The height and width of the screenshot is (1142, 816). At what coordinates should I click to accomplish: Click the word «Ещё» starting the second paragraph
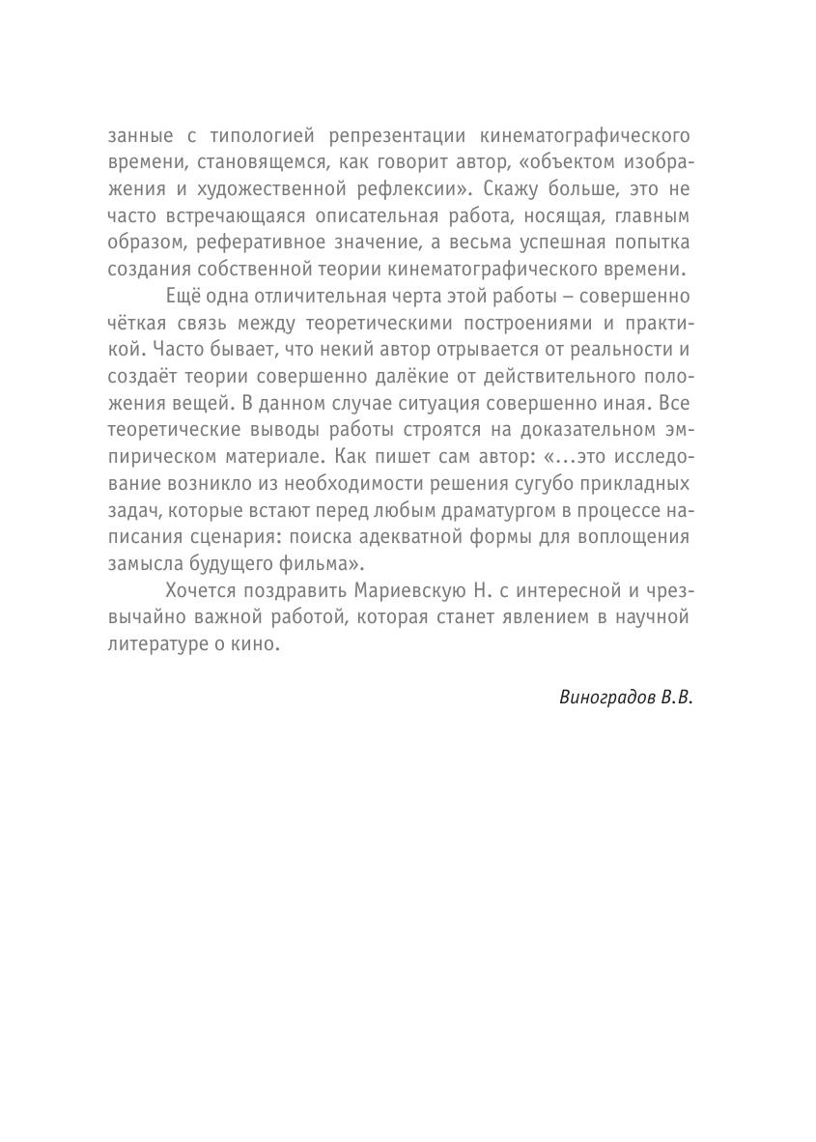(184, 295)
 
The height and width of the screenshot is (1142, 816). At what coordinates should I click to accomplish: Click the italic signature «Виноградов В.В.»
(626, 698)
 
